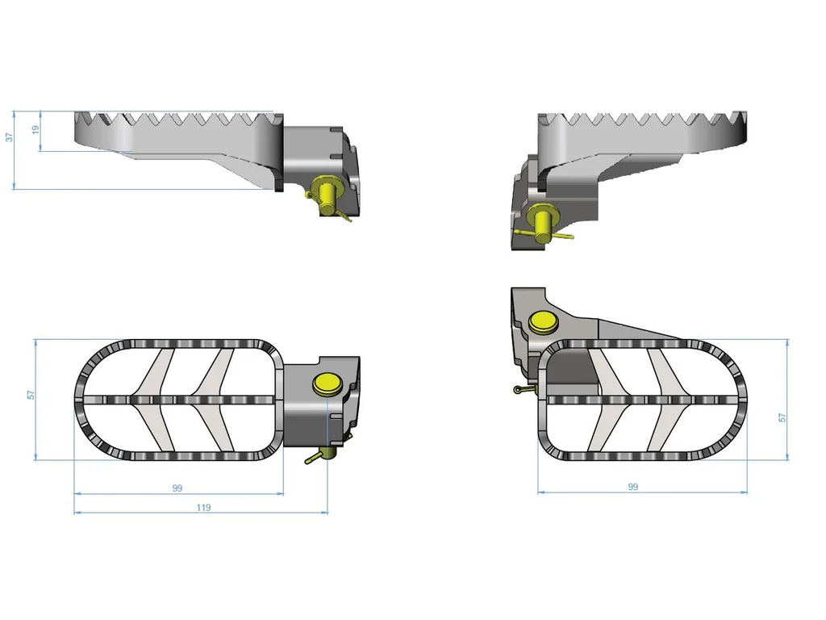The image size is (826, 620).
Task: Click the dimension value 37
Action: tap(9, 136)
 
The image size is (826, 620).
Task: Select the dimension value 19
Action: tap(35, 129)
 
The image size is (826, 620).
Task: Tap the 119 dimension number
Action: tap(203, 507)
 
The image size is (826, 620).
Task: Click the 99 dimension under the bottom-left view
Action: tap(177, 488)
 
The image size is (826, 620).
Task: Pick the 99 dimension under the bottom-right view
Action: tap(633, 487)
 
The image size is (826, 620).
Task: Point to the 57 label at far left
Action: tap(31, 394)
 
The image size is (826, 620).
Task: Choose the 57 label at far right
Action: tap(782, 417)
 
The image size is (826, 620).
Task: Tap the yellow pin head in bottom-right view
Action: tap(544, 323)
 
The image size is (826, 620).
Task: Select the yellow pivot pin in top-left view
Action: tap(327, 195)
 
